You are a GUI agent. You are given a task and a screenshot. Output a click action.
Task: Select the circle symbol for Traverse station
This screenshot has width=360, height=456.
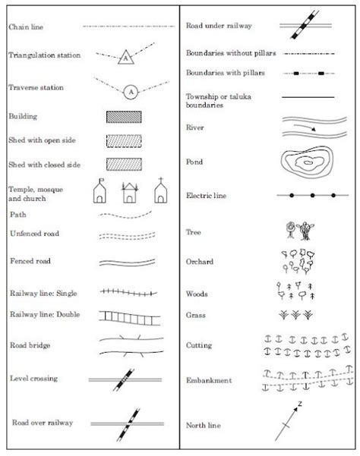click(131, 90)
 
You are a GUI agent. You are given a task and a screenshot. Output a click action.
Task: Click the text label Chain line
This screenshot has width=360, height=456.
click(27, 27)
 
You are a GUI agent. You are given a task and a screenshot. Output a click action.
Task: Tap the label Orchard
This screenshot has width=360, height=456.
click(200, 262)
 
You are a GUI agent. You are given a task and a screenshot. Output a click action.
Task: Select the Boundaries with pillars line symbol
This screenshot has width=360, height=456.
click(308, 74)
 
